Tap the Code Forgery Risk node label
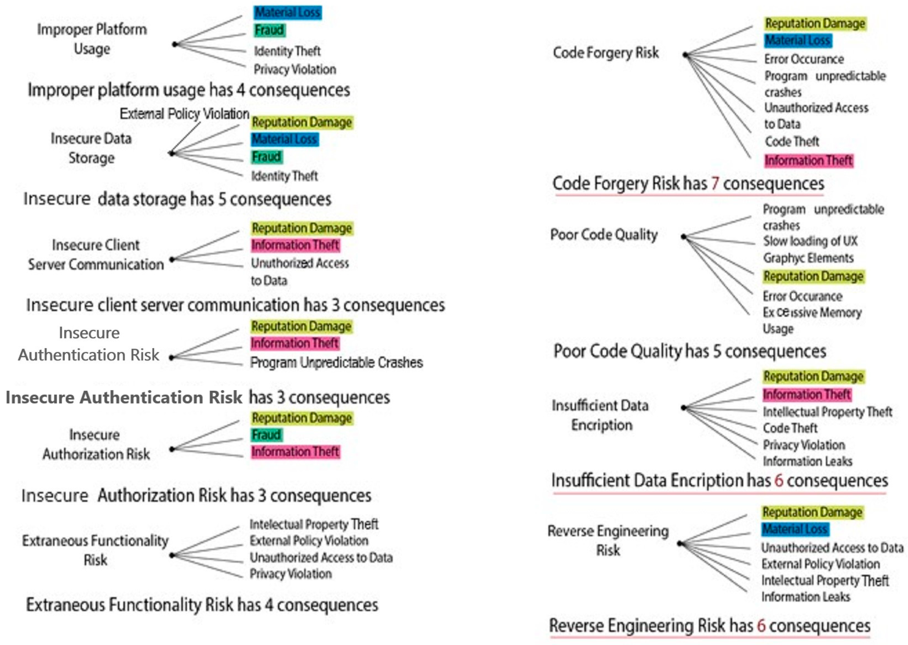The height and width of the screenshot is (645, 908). click(606, 52)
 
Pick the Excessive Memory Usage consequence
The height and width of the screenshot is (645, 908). click(812, 321)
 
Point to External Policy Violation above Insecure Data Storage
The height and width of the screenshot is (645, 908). click(185, 114)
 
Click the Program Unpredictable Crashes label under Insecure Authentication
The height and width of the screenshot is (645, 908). click(336, 362)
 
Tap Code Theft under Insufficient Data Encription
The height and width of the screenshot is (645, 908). click(790, 428)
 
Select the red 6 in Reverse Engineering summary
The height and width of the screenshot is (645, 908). click(761, 625)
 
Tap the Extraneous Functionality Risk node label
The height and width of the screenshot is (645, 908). click(95, 550)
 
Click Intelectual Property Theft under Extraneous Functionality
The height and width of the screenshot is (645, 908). click(314, 524)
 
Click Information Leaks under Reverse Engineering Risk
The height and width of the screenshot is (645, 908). click(806, 597)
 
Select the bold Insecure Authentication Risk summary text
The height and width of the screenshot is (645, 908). click(124, 398)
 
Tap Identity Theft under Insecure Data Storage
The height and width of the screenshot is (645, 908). click(284, 176)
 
